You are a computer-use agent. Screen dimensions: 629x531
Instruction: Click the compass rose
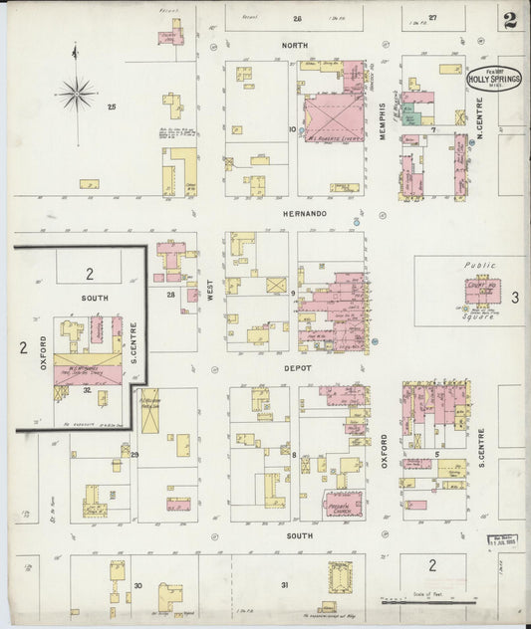pyautogui.click(x=75, y=94)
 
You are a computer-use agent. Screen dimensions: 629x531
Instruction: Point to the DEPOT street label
pyautogui.click(x=298, y=368)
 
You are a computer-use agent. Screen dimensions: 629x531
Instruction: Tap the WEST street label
pyautogui.click(x=209, y=290)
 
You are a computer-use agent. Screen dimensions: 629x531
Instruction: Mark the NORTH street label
pyautogui.click(x=294, y=46)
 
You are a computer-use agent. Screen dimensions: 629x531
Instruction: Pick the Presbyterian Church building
pyautogui.click(x=343, y=504)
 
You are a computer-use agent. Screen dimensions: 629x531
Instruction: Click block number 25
pyautogui.click(x=113, y=106)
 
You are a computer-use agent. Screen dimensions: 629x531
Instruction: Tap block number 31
pyautogui.click(x=284, y=585)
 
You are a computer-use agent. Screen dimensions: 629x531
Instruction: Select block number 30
pyautogui.click(x=138, y=585)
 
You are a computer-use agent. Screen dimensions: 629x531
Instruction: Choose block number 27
pyautogui.click(x=432, y=18)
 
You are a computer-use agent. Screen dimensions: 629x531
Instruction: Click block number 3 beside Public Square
pyautogui.click(x=515, y=297)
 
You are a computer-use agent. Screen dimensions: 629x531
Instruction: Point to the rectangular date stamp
pyautogui.click(x=505, y=540)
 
